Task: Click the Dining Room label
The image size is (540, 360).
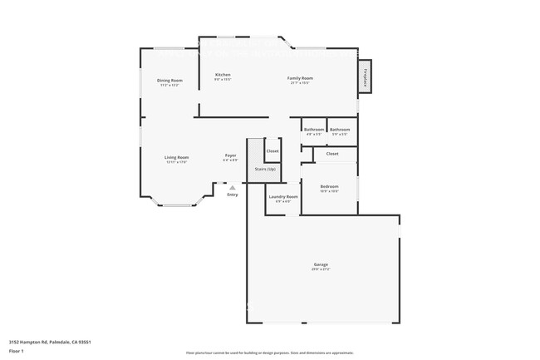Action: coord(169,80)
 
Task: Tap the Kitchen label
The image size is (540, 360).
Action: coord(223,75)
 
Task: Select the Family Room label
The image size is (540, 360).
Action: coord(300,78)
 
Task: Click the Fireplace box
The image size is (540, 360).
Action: coord(364,76)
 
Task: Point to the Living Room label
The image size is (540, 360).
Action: coord(176,157)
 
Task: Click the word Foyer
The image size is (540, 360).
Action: coord(230,155)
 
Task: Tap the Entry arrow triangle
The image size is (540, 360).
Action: coord(232,188)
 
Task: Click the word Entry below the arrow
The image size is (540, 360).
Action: coord(232,195)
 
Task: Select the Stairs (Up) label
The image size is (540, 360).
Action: coord(265,169)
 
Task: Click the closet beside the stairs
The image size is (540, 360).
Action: coord(272,151)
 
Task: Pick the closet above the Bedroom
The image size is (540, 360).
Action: coord(331,154)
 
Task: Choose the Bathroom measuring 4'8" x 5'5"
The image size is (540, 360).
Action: coord(313,130)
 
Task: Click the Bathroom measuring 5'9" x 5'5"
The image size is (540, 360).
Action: coord(339,130)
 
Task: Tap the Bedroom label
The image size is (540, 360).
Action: coord(329,186)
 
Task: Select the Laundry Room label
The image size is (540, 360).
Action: coord(282,197)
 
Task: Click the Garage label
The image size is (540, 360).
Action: coord(321,265)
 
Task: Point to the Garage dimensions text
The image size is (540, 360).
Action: coord(321,270)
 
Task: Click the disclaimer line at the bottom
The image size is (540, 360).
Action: coord(269,353)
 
